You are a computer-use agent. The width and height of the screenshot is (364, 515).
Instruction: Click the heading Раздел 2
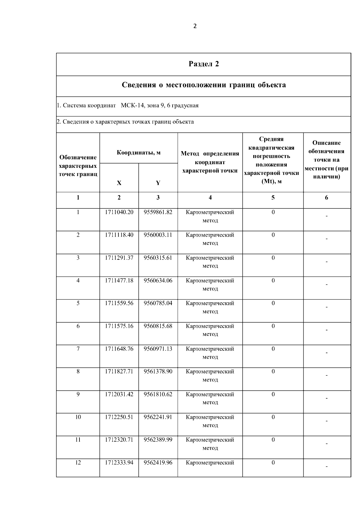[x=204, y=64]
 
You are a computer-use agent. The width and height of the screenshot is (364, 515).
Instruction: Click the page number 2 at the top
[x=195, y=26]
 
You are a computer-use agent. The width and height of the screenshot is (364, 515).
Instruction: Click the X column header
[x=119, y=183]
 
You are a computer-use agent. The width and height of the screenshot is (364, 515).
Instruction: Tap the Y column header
[x=158, y=183]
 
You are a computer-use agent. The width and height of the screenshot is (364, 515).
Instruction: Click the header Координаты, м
[x=139, y=152]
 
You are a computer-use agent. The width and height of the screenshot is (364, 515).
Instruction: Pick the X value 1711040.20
[x=119, y=212]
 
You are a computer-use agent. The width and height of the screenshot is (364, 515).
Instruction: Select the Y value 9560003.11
[x=158, y=235]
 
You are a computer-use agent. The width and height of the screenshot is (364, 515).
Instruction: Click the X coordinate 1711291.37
[x=119, y=258]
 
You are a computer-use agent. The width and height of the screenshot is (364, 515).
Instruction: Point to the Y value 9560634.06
[x=158, y=280]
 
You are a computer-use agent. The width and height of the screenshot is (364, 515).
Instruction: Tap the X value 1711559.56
[x=119, y=303]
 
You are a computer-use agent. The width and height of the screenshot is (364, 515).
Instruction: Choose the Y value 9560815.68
[x=158, y=326]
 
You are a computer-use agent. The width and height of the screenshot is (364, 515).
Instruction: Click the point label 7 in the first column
[x=78, y=349]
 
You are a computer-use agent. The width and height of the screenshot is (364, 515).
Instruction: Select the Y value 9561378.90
[x=158, y=371]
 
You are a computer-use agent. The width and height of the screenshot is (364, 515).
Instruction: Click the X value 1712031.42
[x=119, y=394]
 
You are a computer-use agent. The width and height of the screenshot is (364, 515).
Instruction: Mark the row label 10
[x=78, y=417]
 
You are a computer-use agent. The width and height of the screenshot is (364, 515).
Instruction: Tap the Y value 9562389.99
[x=158, y=440]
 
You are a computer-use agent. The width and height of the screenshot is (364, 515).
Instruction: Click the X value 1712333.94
[x=119, y=462]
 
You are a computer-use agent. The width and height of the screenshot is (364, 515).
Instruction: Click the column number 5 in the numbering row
[x=273, y=198]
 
